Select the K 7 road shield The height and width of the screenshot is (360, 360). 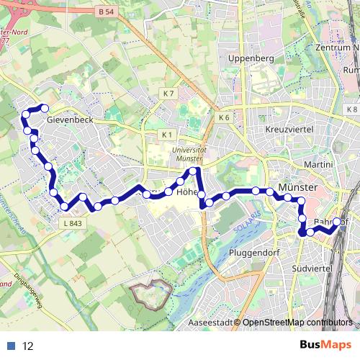tap(168, 94)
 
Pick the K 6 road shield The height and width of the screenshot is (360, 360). tap(223, 117)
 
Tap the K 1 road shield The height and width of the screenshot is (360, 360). tap(168, 135)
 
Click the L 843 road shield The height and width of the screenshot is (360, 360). tap(73, 223)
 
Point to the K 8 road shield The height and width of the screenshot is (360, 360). tap(351, 109)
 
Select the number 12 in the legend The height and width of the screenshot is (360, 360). tap(28, 346)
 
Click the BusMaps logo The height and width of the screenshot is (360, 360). tap(325, 345)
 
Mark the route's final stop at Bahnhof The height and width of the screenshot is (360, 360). tap(336, 222)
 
